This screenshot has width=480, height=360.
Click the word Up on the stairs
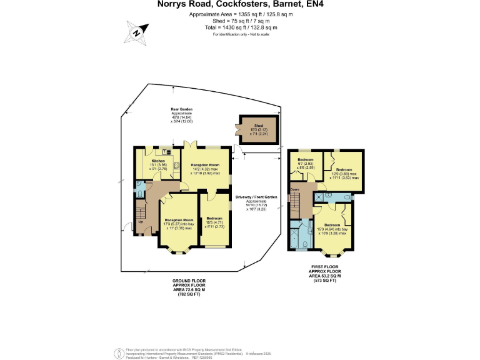(140, 221)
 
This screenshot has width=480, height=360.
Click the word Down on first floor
(294, 190)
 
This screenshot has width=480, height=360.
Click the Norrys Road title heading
(240, 4)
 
